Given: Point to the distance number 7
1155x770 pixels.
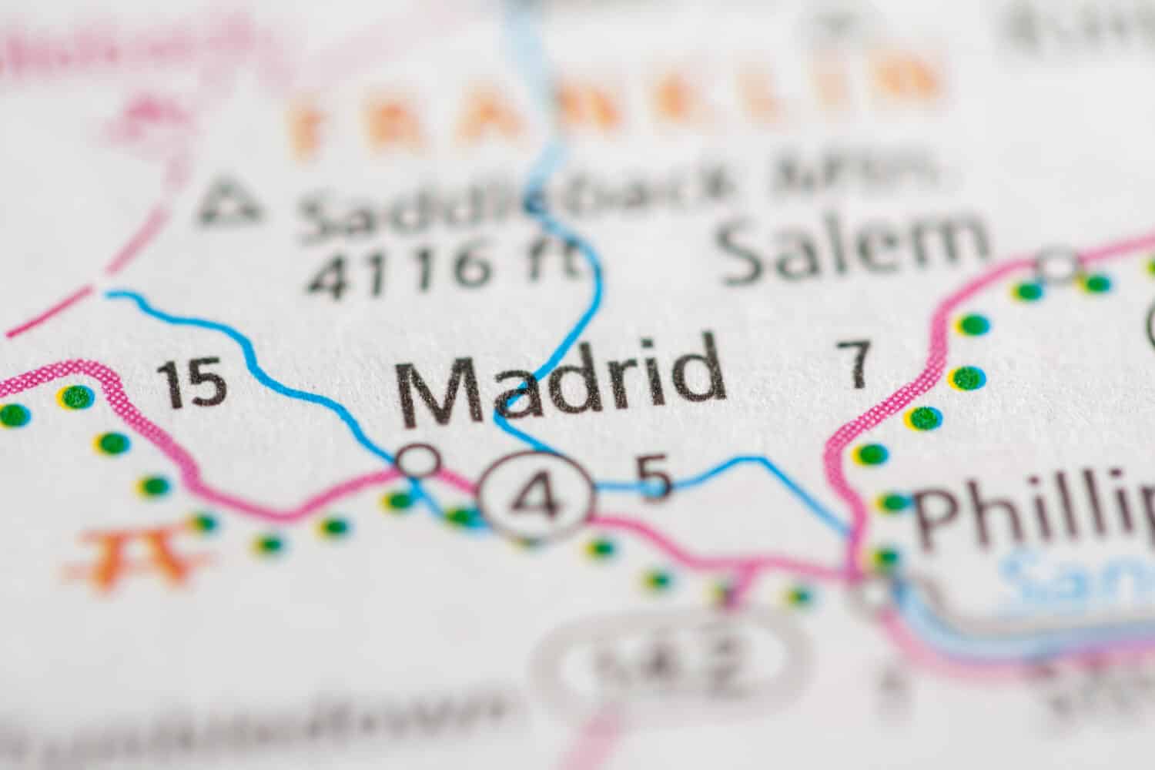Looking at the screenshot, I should (x=855, y=363).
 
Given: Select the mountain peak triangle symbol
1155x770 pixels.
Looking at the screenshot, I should (x=228, y=199).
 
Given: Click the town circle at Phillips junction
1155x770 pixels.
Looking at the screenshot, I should (x=874, y=593).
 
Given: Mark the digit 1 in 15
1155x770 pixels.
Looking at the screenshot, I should (x=173, y=384).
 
